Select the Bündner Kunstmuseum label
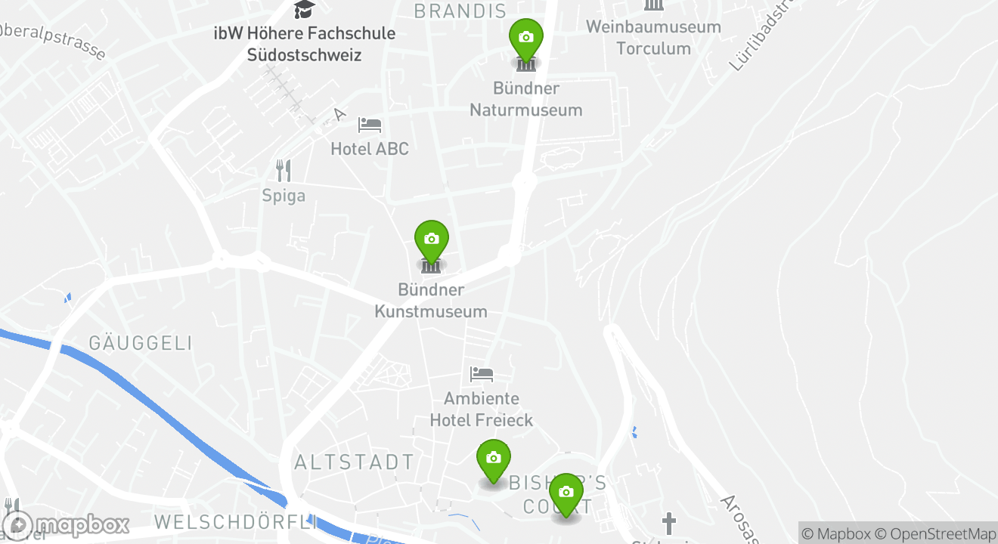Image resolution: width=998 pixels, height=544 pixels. click(431, 300)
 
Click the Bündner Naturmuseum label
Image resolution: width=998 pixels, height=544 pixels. click(526, 99)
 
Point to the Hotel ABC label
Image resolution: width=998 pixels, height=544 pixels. click(370, 149)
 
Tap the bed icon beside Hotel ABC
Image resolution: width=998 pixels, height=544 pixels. click(370, 125)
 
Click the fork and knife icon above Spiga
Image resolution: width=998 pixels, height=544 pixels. click(284, 171)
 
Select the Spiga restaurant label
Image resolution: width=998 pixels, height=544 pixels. click(284, 196)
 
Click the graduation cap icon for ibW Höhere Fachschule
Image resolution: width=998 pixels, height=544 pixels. click(304, 9)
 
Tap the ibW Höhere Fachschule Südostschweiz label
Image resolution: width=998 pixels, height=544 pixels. click(304, 44)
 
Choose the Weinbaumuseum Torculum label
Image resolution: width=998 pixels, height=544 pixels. click(653, 38)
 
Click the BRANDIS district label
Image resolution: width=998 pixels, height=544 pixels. click(460, 11)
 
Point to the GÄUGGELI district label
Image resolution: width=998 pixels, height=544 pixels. click(141, 343)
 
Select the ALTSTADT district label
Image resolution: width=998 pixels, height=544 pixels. click(354, 462)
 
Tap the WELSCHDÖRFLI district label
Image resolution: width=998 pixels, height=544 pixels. click(235, 522)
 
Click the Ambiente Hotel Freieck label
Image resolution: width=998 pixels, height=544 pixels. click(482, 409)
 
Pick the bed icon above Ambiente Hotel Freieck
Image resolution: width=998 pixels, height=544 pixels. click(482, 373)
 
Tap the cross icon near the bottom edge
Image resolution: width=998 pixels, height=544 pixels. click(668, 523)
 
